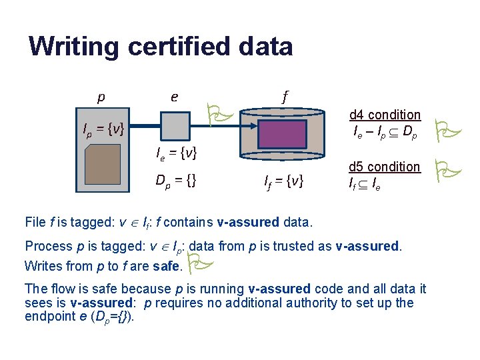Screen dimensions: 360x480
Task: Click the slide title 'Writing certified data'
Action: coord(161,47)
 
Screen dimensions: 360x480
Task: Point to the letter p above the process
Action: coord(101,97)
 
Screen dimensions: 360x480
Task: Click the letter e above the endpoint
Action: coord(174,97)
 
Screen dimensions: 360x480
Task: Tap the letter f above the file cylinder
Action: coord(285,97)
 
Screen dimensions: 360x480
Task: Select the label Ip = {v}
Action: coord(101,128)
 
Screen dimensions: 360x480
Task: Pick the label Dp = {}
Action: coord(175,180)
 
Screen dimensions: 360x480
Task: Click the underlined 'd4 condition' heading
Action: coord(385,115)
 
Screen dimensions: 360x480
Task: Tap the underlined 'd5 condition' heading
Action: coord(385,167)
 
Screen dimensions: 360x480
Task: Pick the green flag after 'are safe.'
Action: coord(199,265)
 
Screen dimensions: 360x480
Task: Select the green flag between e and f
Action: coord(218,115)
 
